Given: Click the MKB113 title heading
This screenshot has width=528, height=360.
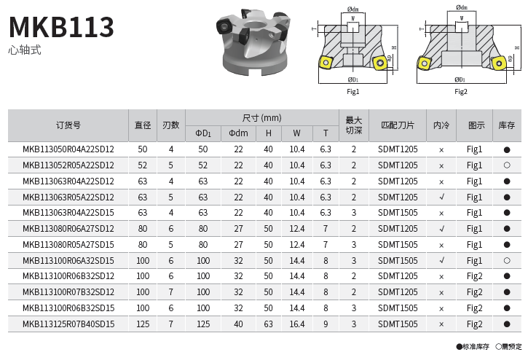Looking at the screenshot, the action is (x=62, y=27).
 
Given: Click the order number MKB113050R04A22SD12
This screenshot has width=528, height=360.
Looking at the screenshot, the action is (x=68, y=149).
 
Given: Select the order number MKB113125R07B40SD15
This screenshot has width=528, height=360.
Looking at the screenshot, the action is (x=68, y=324).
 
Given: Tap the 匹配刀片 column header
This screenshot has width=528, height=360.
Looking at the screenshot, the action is (x=398, y=125).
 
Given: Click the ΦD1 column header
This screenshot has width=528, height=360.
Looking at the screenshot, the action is (x=203, y=133).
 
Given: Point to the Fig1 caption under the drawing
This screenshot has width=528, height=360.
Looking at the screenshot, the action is (x=353, y=92).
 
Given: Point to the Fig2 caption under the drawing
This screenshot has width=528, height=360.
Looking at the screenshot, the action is (x=461, y=92).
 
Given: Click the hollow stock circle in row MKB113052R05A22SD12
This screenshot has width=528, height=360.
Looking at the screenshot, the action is (x=507, y=165).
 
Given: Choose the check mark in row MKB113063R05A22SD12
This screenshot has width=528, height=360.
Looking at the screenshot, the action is (x=441, y=197).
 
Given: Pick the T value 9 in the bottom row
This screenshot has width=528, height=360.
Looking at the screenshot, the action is (x=326, y=324).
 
